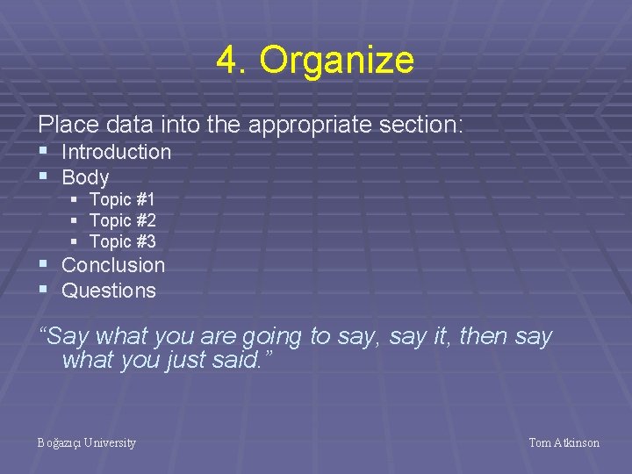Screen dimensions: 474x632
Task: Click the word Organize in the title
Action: pos(336,61)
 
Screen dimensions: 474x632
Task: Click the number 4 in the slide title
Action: pos(227,61)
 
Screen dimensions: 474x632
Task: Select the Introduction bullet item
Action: pos(116,152)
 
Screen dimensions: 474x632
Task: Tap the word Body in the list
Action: pos(85,177)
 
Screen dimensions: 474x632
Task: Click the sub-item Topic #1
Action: pos(122,200)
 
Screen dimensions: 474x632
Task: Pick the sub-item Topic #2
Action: pos(122,220)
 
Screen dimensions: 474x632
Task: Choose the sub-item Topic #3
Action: pos(122,241)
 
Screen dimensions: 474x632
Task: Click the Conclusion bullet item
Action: pos(113,265)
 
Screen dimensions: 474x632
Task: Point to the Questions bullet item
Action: pos(108,291)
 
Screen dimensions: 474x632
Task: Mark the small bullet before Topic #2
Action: pos(75,220)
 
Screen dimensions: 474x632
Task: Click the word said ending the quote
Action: pos(237,360)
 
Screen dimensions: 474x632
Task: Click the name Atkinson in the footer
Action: pos(577,442)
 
